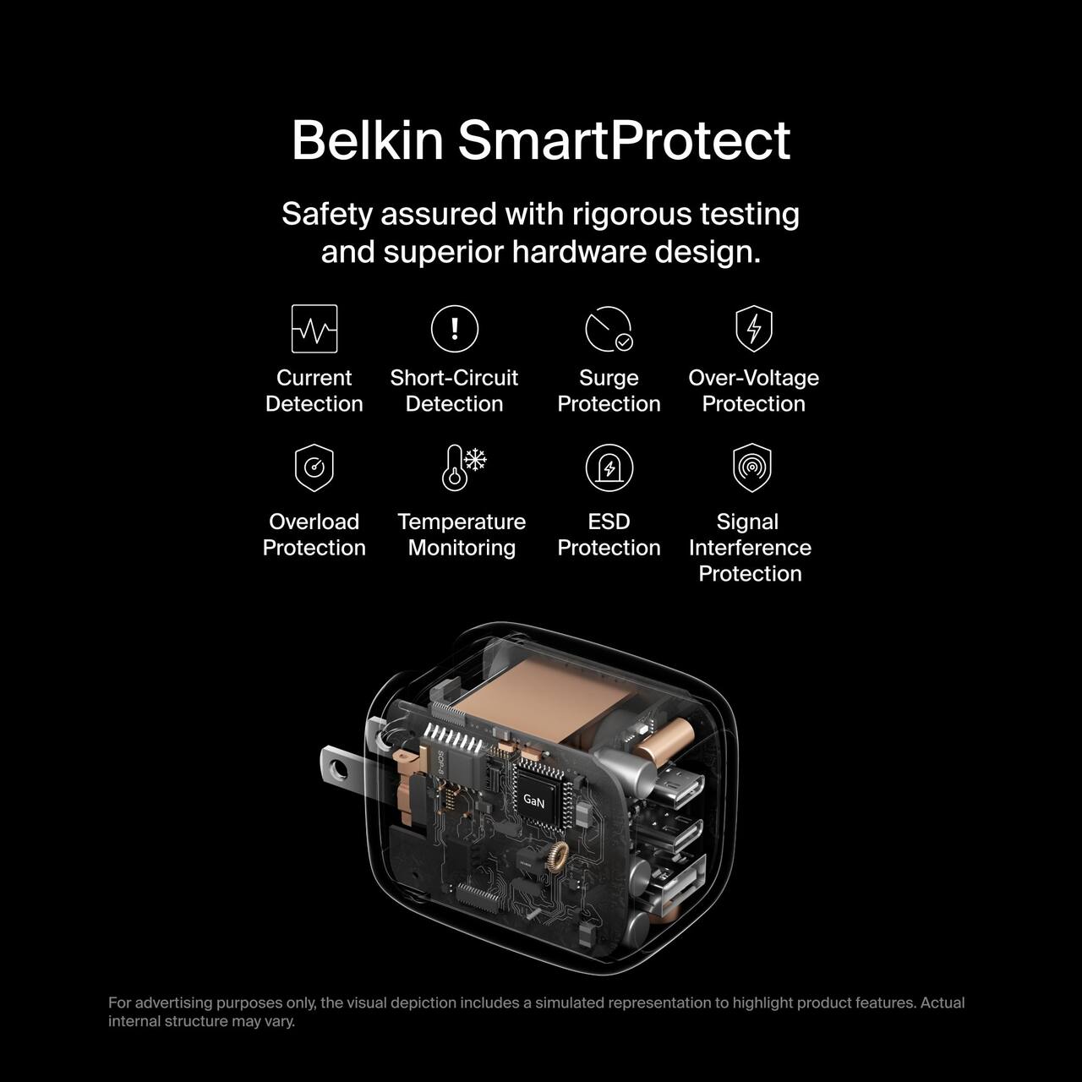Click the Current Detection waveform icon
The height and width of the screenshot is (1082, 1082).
(x=314, y=329)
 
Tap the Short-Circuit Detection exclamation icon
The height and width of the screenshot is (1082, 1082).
(x=455, y=329)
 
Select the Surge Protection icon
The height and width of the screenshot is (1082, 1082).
(x=609, y=329)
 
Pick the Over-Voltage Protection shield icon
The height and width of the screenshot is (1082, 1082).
(x=753, y=328)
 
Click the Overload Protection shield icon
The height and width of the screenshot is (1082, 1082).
(x=314, y=468)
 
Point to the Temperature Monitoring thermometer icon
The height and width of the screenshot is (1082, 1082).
(x=463, y=467)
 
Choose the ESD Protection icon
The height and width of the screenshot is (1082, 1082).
(x=609, y=467)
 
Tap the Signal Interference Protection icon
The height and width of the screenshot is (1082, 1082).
(x=751, y=467)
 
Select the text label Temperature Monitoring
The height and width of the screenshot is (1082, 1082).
(x=462, y=534)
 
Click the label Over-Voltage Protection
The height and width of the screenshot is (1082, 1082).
(x=753, y=391)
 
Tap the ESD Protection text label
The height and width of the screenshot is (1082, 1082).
(x=609, y=534)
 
